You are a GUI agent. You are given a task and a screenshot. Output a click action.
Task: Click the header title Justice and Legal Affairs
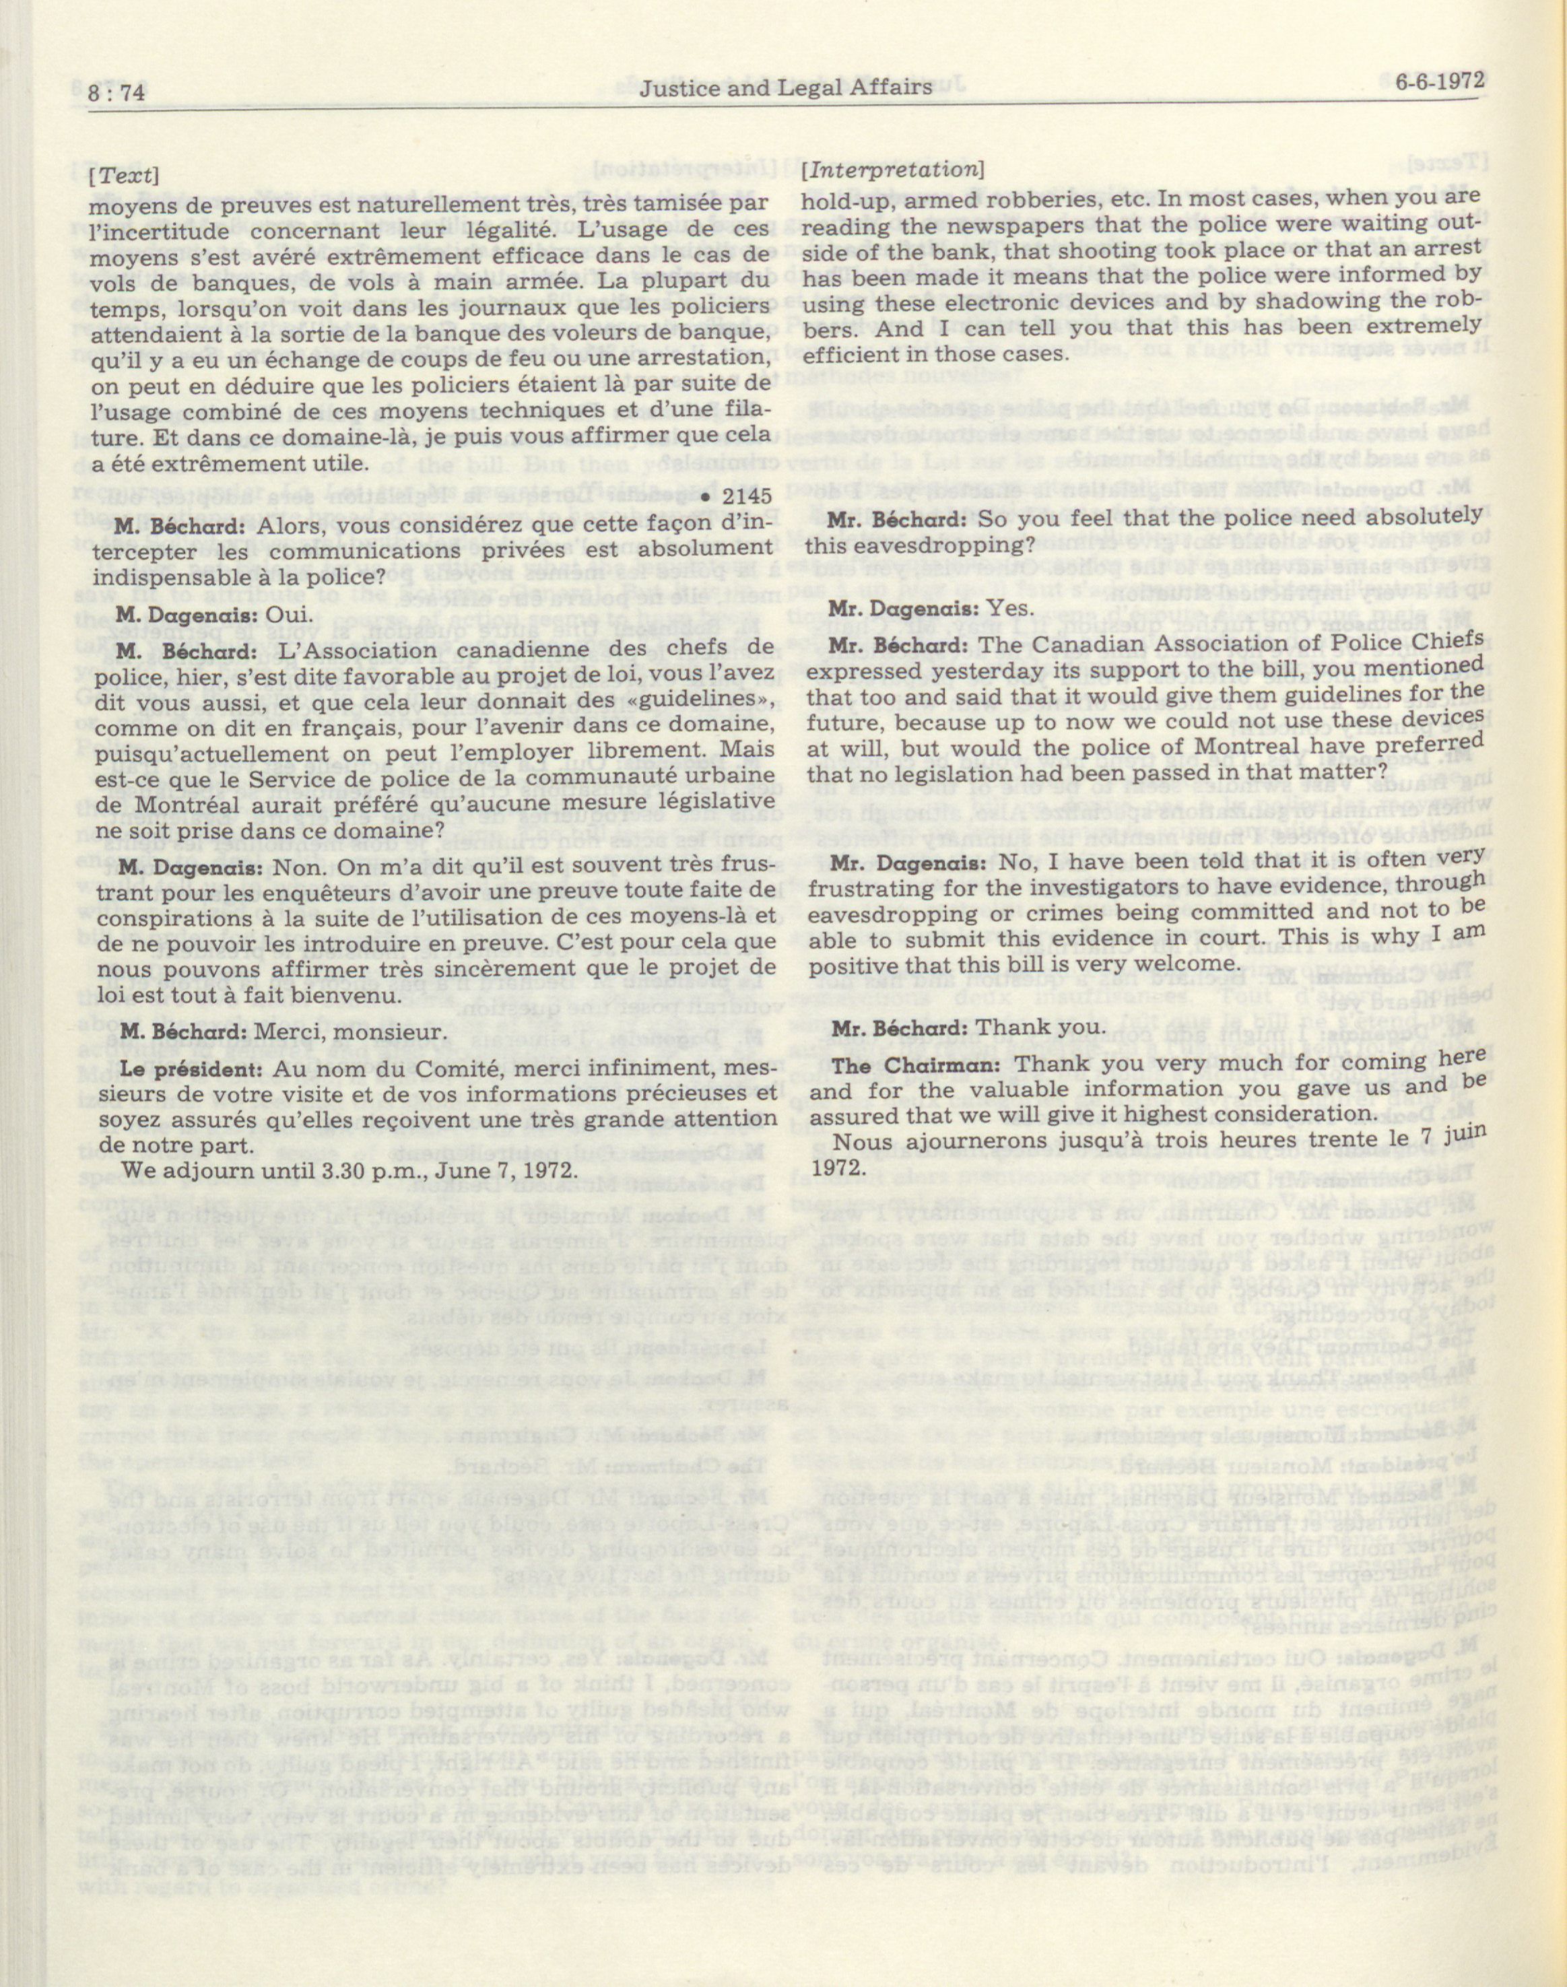click(787, 87)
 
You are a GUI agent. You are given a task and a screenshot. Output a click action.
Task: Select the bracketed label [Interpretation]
click(891, 170)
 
